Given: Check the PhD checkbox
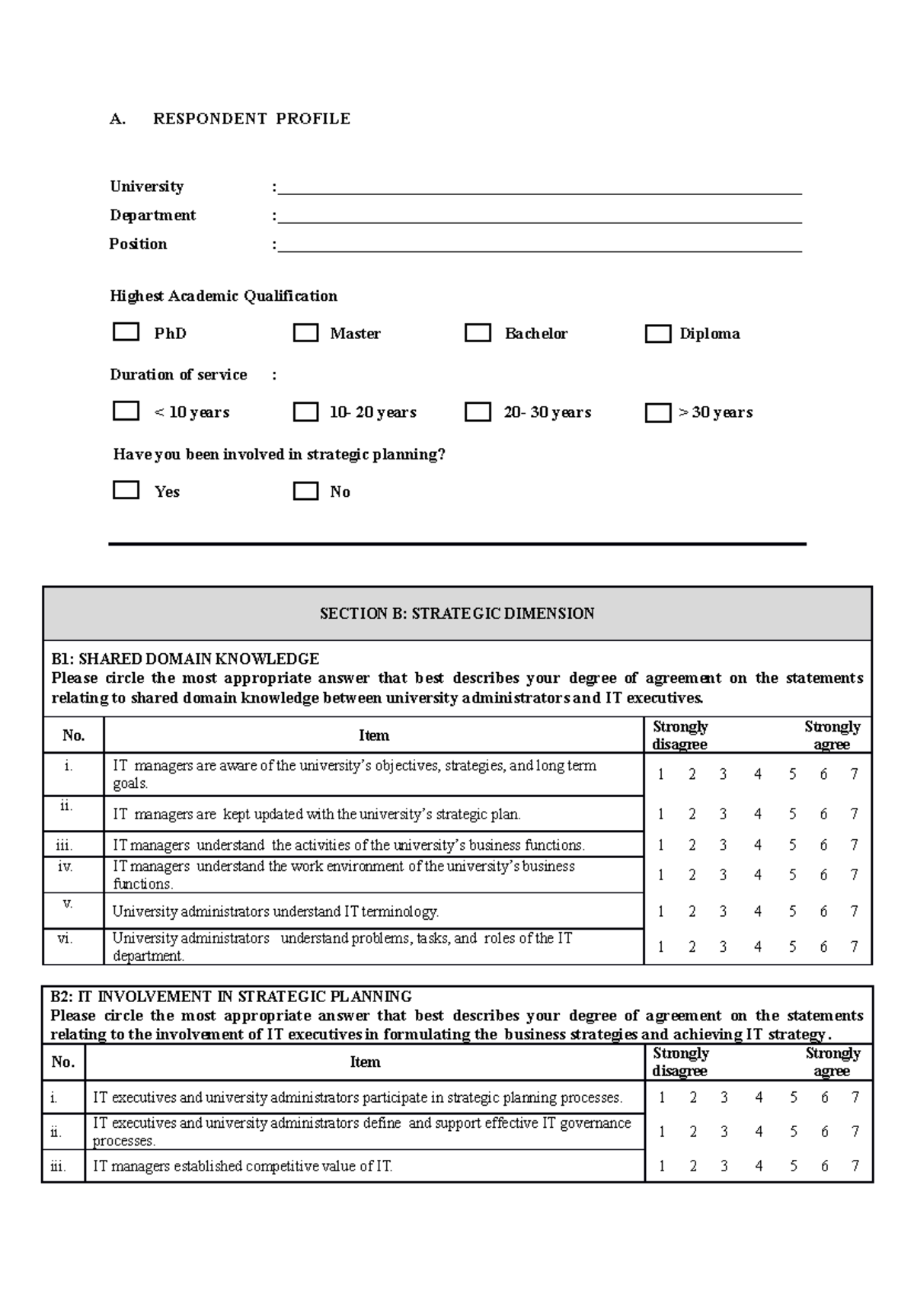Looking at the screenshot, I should coord(126,332).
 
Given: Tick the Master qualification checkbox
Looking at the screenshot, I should coord(305,333).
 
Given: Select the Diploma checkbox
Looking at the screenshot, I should coord(657,334).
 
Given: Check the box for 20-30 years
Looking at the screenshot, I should coord(478,412).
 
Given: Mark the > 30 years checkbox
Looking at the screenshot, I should coord(657,412).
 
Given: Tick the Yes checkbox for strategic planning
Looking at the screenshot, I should coord(126,489).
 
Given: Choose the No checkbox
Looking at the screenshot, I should coord(305,491).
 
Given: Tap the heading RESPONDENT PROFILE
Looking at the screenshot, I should coord(251,119).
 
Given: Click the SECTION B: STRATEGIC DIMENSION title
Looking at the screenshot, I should coord(457,613).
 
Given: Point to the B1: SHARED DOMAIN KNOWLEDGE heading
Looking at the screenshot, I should coord(185,658).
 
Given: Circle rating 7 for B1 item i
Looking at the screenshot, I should coord(854,774).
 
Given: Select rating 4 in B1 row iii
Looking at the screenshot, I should coord(757,844).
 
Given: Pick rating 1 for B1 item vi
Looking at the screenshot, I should coord(661,946).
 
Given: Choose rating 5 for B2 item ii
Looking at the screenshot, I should coord(793,1132).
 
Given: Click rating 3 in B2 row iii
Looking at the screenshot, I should coord(724,1166).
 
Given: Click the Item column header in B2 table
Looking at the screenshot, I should coord(365,1062).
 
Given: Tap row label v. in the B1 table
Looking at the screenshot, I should coord(68,904).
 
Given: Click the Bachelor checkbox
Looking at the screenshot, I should coord(478,333).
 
